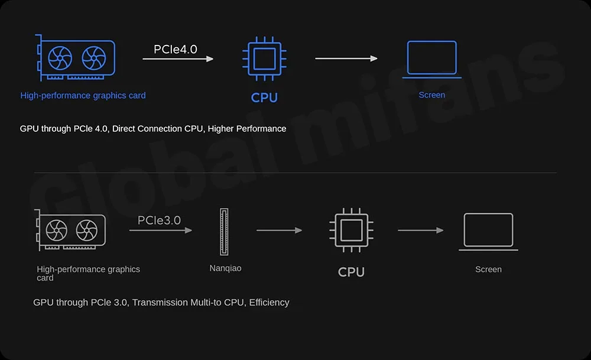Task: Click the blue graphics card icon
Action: tap(76, 58)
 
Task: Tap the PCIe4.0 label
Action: tap(175, 49)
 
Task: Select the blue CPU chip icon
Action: tap(264, 59)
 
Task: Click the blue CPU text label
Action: tap(264, 98)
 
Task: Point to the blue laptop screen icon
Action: tap(432, 59)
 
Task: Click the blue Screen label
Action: tap(432, 95)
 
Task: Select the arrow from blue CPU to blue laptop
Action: tap(346, 59)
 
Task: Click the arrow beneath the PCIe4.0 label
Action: tap(177, 59)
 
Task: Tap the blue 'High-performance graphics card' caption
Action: tap(83, 96)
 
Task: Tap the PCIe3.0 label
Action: tap(159, 220)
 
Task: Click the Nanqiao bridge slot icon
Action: tap(224, 232)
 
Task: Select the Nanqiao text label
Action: tap(225, 268)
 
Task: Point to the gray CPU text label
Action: tap(351, 272)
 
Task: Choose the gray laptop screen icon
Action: tap(488, 231)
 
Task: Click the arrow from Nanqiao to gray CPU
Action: tap(279, 230)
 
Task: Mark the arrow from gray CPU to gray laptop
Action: tap(420, 230)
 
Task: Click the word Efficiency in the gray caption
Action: tap(269, 303)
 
